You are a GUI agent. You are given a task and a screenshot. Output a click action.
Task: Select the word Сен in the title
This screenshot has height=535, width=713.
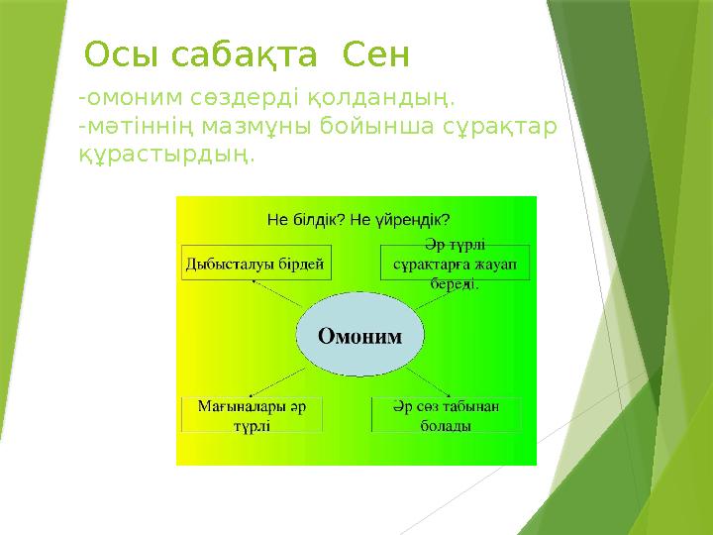(375, 53)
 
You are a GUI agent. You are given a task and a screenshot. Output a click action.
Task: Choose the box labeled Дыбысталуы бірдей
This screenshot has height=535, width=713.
(255, 264)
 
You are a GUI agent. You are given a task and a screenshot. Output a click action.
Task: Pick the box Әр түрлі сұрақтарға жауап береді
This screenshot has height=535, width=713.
(455, 263)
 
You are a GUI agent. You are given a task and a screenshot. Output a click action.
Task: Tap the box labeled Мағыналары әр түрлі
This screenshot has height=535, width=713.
(252, 415)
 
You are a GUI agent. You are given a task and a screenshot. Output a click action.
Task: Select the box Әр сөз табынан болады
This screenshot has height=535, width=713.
(446, 415)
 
